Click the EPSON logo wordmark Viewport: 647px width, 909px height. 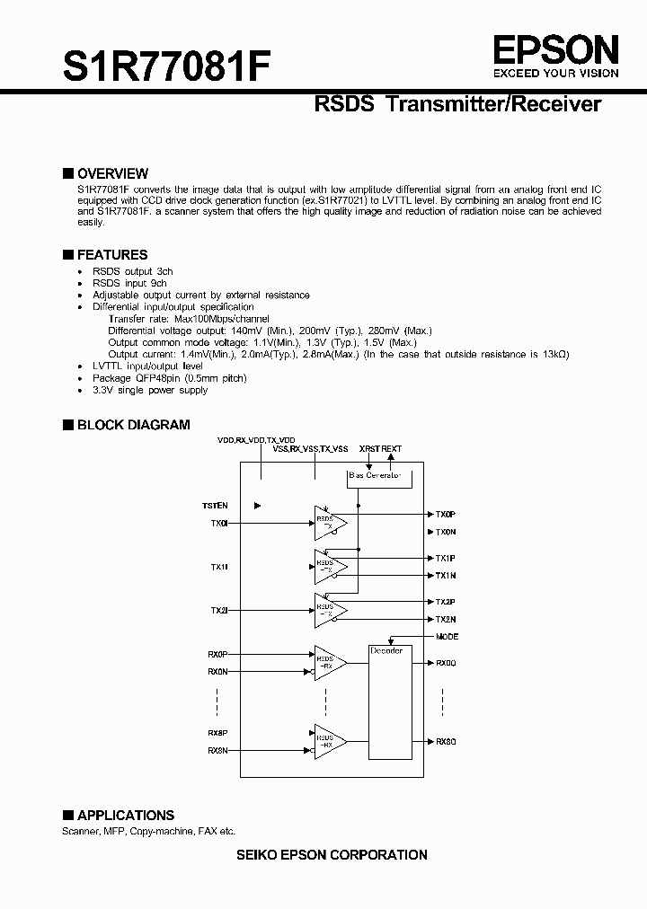click(x=554, y=49)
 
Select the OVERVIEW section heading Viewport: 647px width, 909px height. click(x=112, y=173)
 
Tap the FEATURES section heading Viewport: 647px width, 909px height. click(x=111, y=255)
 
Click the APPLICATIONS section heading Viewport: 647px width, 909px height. click(x=125, y=816)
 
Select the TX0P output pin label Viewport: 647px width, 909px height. click(x=446, y=515)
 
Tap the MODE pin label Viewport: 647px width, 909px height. click(x=447, y=637)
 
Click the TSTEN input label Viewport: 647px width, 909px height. click(x=215, y=506)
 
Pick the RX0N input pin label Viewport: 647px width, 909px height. click(x=217, y=672)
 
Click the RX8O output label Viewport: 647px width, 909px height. click(x=447, y=741)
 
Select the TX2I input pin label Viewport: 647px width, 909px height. click(x=219, y=611)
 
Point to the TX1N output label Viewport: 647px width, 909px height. click(x=446, y=575)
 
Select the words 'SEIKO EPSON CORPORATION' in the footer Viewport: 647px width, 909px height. click(x=332, y=855)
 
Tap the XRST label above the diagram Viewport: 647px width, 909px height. click(x=369, y=447)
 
